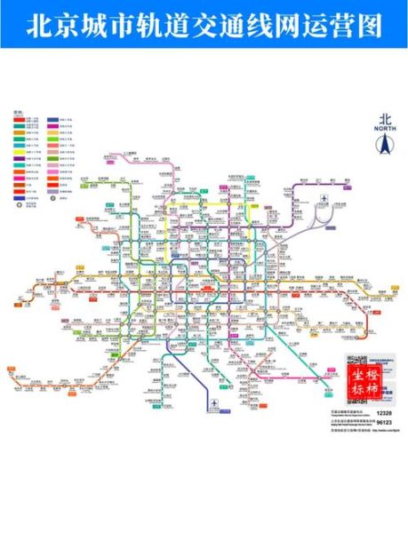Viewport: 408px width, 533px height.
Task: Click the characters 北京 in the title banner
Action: (x=47, y=24)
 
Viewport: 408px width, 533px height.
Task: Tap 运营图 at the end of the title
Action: (x=352, y=24)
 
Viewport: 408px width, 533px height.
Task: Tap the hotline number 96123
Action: (x=384, y=424)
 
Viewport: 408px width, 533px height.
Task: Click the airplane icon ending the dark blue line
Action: (x=213, y=405)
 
